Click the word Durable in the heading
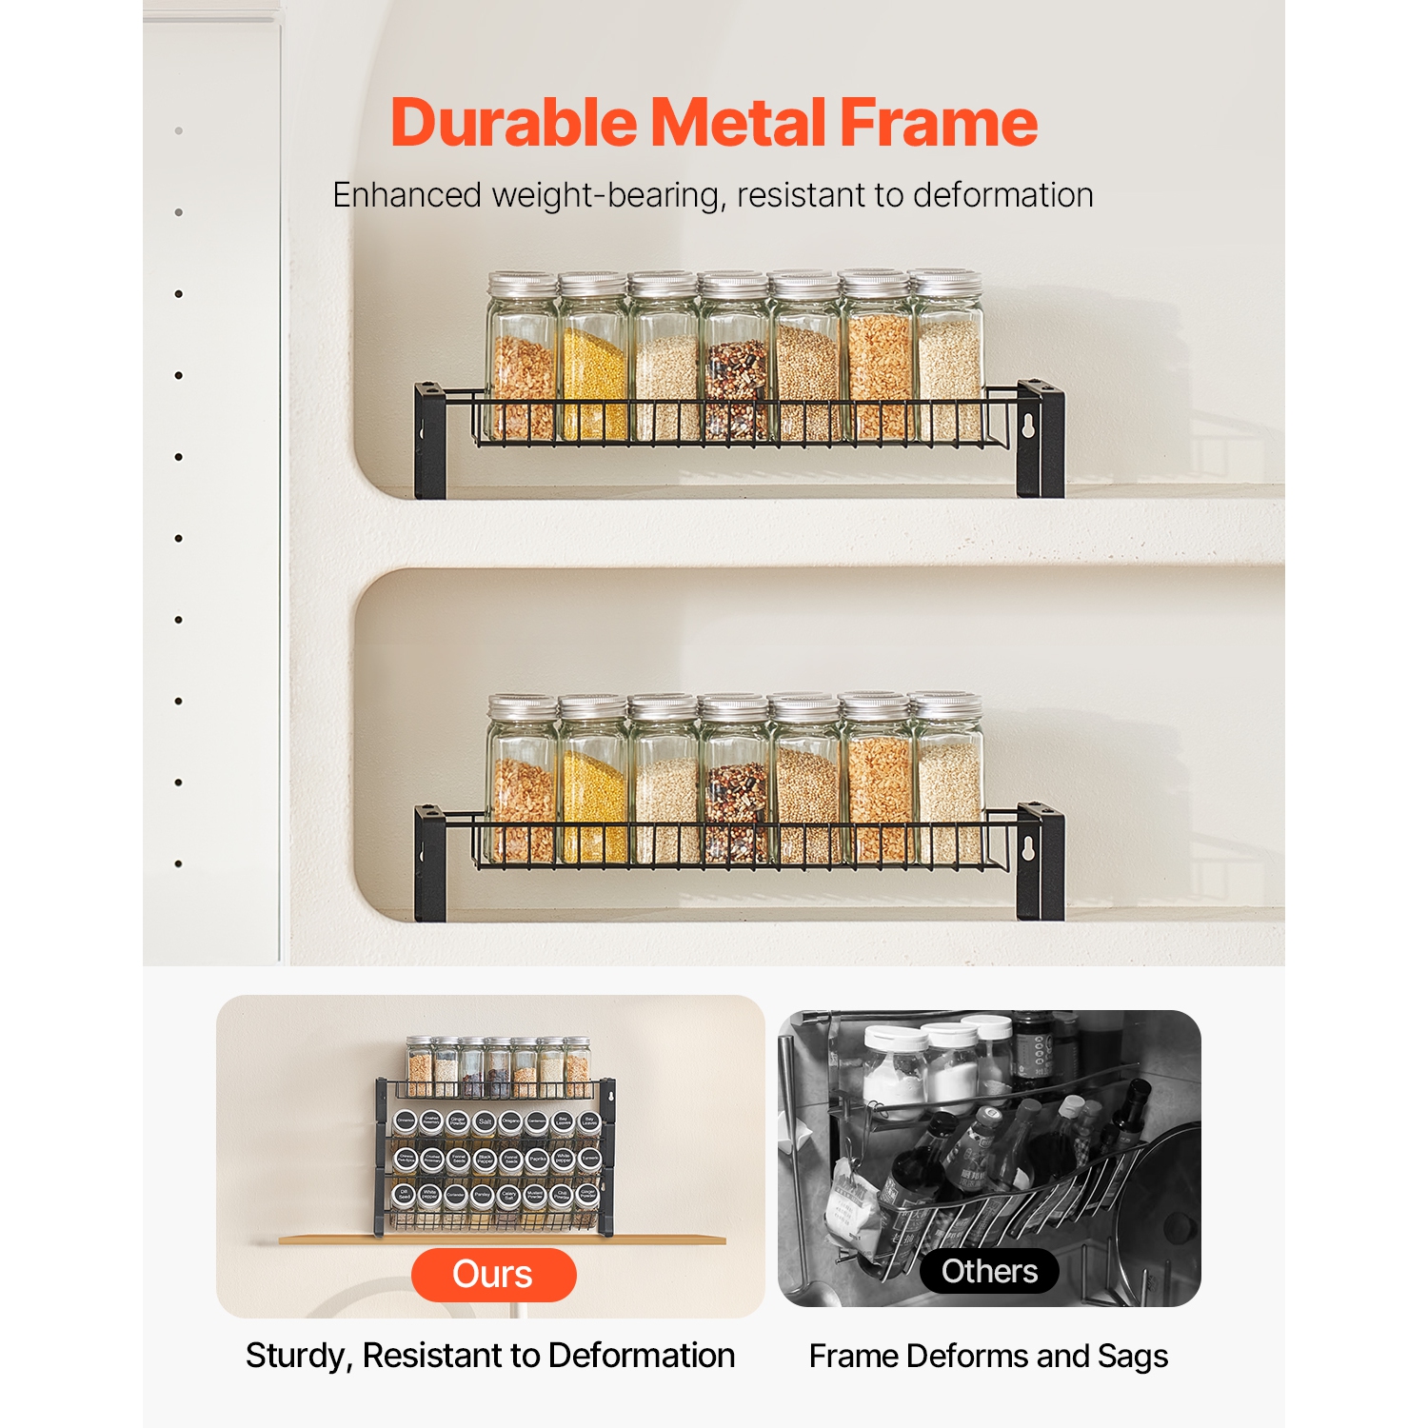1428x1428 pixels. [x=514, y=124]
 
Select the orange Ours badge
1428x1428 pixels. [x=493, y=1274]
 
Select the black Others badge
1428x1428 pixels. [x=989, y=1271]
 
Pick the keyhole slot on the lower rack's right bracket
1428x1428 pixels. [x=1028, y=849]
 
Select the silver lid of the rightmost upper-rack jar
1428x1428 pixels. [x=945, y=283]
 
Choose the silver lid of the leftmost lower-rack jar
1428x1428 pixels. [x=522, y=706]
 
